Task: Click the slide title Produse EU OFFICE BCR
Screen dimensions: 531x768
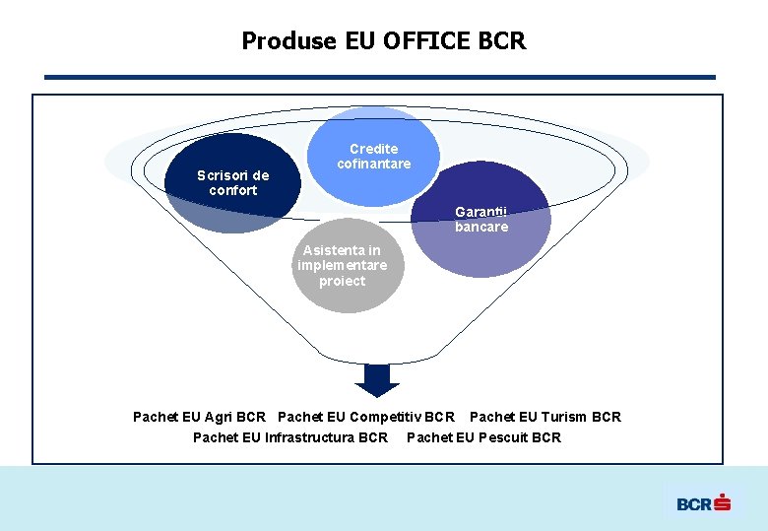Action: point(384,41)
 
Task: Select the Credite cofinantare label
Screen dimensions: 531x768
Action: point(373,157)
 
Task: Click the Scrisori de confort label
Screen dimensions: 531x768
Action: point(232,183)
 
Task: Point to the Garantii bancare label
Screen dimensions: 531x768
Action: point(481,220)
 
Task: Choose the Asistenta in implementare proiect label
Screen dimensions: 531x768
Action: point(343,266)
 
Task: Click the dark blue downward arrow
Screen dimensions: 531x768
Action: point(376,378)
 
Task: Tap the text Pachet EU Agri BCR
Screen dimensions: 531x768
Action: point(199,417)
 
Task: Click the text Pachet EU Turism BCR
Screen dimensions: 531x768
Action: point(545,417)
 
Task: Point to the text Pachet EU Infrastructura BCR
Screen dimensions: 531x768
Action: point(290,437)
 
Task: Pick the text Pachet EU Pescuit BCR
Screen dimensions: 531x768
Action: point(483,437)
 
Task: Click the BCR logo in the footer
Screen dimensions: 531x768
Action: point(703,503)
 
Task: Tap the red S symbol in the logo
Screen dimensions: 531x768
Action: point(723,502)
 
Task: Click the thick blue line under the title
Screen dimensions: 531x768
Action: point(380,77)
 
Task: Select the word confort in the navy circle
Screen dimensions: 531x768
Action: point(233,190)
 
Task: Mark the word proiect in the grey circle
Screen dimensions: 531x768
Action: point(343,282)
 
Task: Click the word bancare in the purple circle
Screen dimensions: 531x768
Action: point(481,228)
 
